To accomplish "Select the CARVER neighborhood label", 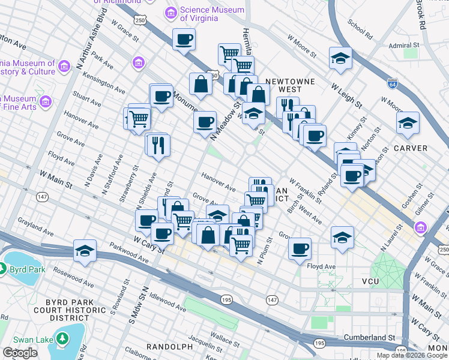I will [411, 148].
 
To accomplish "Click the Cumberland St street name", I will [369, 337].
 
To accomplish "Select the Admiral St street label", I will [403, 46].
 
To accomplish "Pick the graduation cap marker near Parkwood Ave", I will [85, 251].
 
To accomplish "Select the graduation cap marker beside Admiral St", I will [340, 58].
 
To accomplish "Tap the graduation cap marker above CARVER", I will [408, 123].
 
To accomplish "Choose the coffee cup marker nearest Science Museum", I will [184, 40].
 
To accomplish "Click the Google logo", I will [20, 353].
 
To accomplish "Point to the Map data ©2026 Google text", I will [412, 355].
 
